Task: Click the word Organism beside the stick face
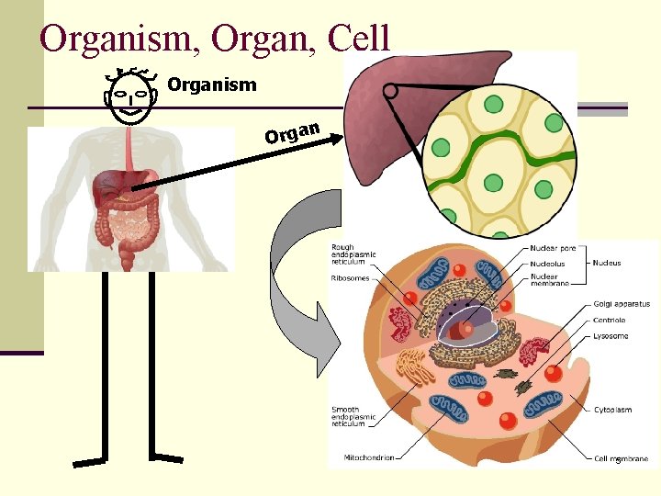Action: pyautogui.click(x=212, y=85)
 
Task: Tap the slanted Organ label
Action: pyautogui.click(x=292, y=132)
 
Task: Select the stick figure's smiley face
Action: pyautogui.click(x=129, y=96)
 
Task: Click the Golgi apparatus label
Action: pyautogui.click(x=622, y=304)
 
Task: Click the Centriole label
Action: pyautogui.click(x=609, y=321)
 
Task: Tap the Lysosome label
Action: pyautogui.click(x=611, y=336)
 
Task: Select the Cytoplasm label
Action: pyautogui.click(x=612, y=410)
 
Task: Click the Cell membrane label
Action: pyautogui.click(x=621, y=458)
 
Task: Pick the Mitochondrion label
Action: pyautogui.click(x=369, y=457)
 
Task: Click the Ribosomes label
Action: pyautogui.click(x=350, y=276)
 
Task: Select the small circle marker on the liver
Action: pyautogui.click(x=390, y=91)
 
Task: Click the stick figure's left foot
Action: pyautogui.click(x=90, y=461)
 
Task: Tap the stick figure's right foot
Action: pyautogui.click(x=167, y=457)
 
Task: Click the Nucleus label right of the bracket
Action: pyautogui.click(x=606, y=264)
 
